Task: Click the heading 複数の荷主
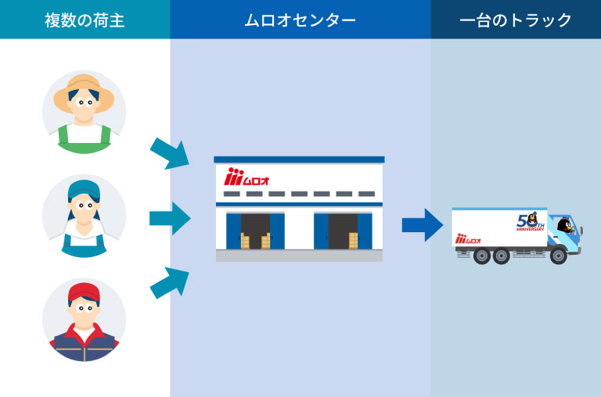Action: point(85,20)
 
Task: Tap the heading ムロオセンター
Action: point(300,20)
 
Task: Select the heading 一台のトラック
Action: point(516,20)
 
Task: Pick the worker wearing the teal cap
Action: point(84,216)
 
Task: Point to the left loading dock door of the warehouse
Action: point(255,231)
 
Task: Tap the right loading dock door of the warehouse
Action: point(343,231)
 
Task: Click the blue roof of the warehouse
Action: point(299,159)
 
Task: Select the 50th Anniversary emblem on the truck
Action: point(530,222)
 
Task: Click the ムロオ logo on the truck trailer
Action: point(469,238)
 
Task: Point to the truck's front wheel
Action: point(558,255)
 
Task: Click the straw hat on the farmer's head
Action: point(84,87)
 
